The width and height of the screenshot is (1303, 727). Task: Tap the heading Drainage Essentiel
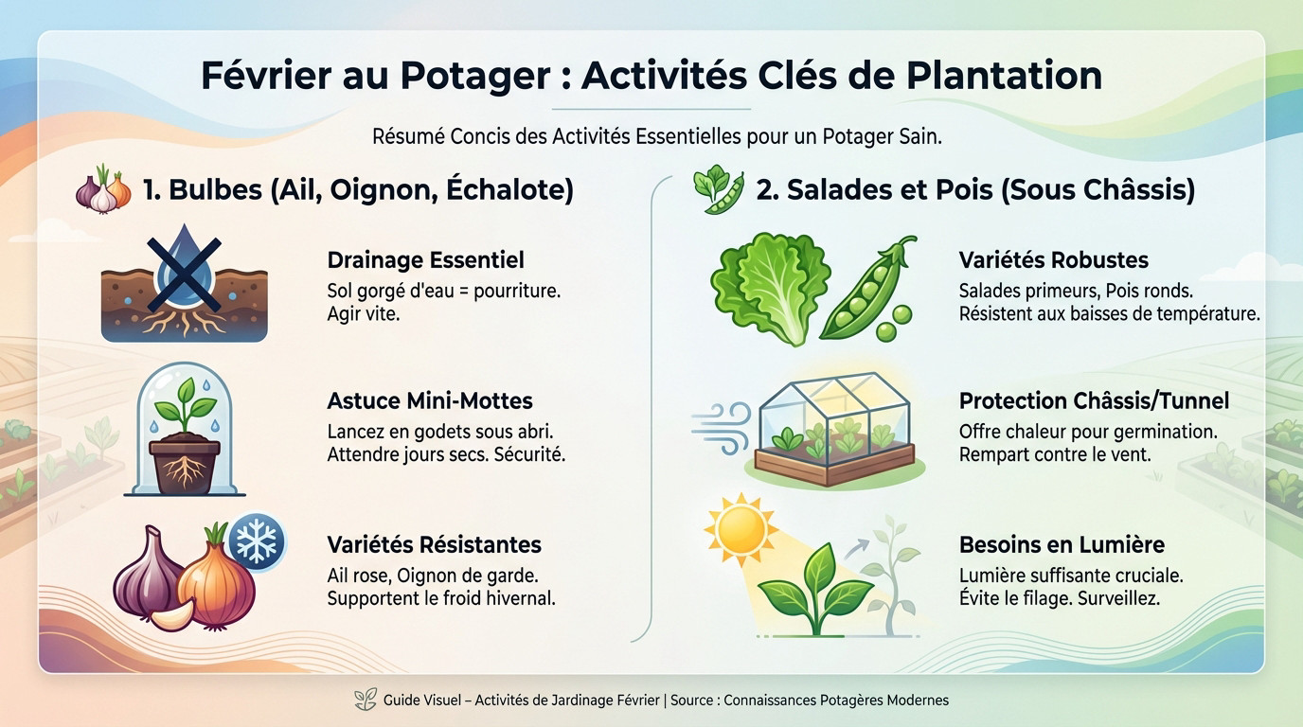tap(425, 259)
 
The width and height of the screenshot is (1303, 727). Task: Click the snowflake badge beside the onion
tap(257, 541)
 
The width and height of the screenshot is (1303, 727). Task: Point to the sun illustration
tap(740, 532)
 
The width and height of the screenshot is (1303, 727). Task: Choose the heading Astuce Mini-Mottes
tap(429, 400)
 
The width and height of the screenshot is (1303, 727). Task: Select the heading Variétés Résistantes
tap(434, 544)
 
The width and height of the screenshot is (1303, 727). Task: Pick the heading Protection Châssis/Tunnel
tap(1094, 400)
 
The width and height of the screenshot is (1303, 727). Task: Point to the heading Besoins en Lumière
tap(1062, 544)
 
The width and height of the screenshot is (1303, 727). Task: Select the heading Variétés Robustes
tap(1053, 259)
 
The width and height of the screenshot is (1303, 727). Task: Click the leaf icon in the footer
tap(365, 700)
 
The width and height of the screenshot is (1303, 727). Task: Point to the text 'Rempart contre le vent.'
tap(1054, 454)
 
